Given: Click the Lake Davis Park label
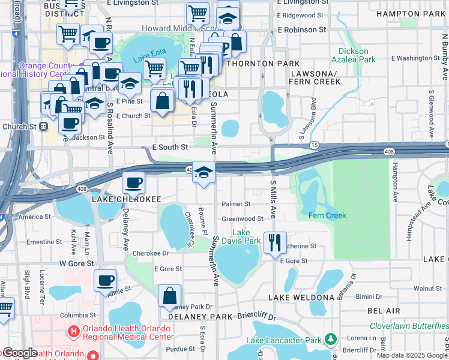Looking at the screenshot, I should pyautogui.click(x=246, y=236).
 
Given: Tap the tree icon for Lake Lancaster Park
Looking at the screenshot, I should pyautogui.click(x=330, y=340).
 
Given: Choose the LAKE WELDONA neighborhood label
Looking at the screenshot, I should pyautogui.click(x=301, y=298).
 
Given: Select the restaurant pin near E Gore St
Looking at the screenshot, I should pyautogui.click(x=275, y=243).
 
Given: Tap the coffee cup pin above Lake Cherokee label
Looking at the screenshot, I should pyautogui.click(x=133, y=182).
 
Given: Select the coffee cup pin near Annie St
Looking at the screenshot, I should pyautogui.click(x=105, y=280).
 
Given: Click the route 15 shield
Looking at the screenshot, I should pyautogui.click(x=314, y=146).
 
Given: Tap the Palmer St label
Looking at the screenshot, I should pyautogui.click(x=235, y=204).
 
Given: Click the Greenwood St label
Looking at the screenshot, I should pyautogui.click(x=243, y=219).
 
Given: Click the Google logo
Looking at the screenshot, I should pyautogui.click(x=19, y=353).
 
